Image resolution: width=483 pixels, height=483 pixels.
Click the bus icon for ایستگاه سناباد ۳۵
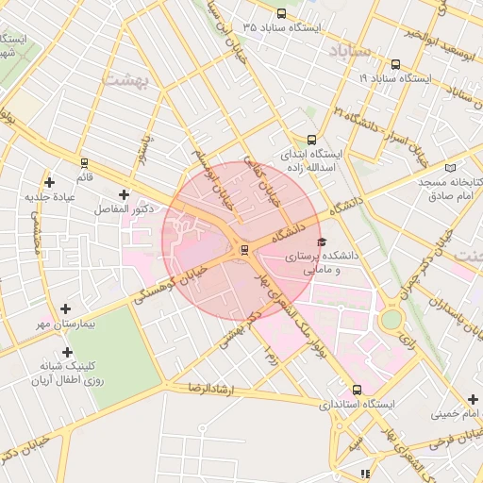coord(283,13)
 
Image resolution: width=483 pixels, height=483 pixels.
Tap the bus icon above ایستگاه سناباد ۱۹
coord(394,65)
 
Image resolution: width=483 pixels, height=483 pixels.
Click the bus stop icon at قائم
coord(84,163)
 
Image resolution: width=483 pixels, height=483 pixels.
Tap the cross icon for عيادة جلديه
coord(50,181)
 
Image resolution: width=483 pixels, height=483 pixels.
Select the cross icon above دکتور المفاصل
coord(124,193)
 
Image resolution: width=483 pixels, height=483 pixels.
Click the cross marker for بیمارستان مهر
coord(65,308)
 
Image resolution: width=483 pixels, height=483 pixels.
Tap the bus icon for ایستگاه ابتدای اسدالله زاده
coord(311,138)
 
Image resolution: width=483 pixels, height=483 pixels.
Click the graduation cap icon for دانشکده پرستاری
coord(324,242)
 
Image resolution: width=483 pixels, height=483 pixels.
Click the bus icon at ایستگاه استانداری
coord(356,389)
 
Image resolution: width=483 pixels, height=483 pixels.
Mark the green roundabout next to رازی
coord(391,319)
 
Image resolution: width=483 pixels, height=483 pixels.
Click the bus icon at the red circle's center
coord(244,249)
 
